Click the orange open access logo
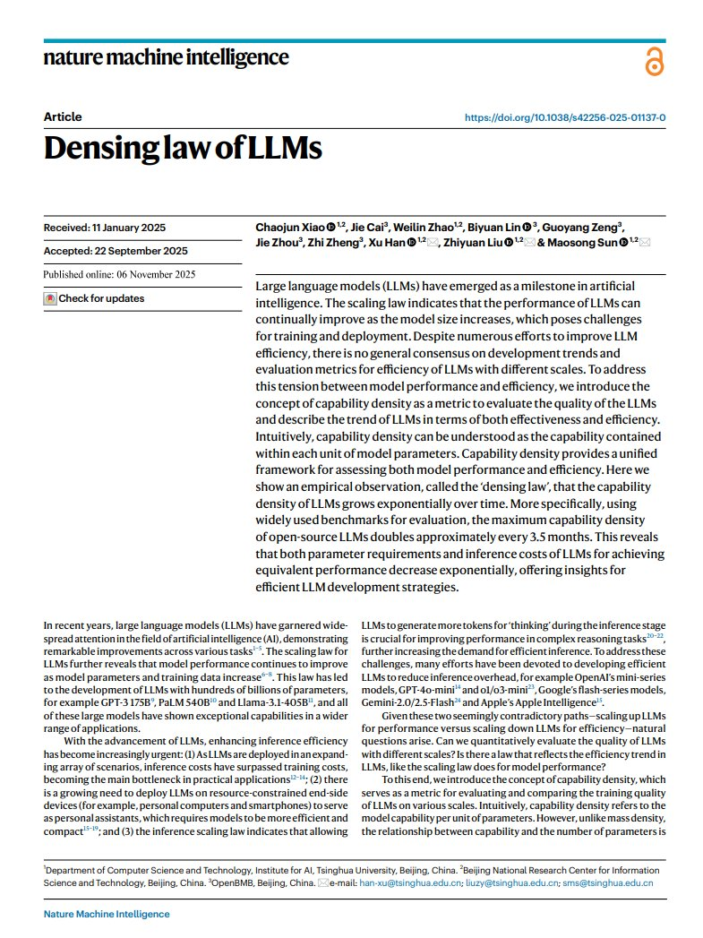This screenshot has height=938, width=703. click(x=652, y=64)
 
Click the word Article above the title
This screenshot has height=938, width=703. click(x=62, y=117)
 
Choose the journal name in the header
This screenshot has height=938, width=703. click(x=166, y=58)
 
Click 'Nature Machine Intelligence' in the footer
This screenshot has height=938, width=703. click(x=107, y=914)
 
